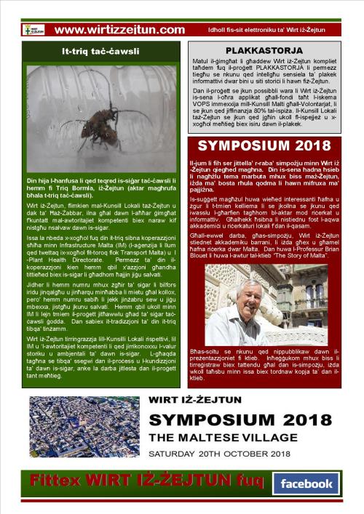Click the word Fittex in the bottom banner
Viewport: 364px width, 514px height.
[55, 481]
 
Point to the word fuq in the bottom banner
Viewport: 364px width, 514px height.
[242, 481]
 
